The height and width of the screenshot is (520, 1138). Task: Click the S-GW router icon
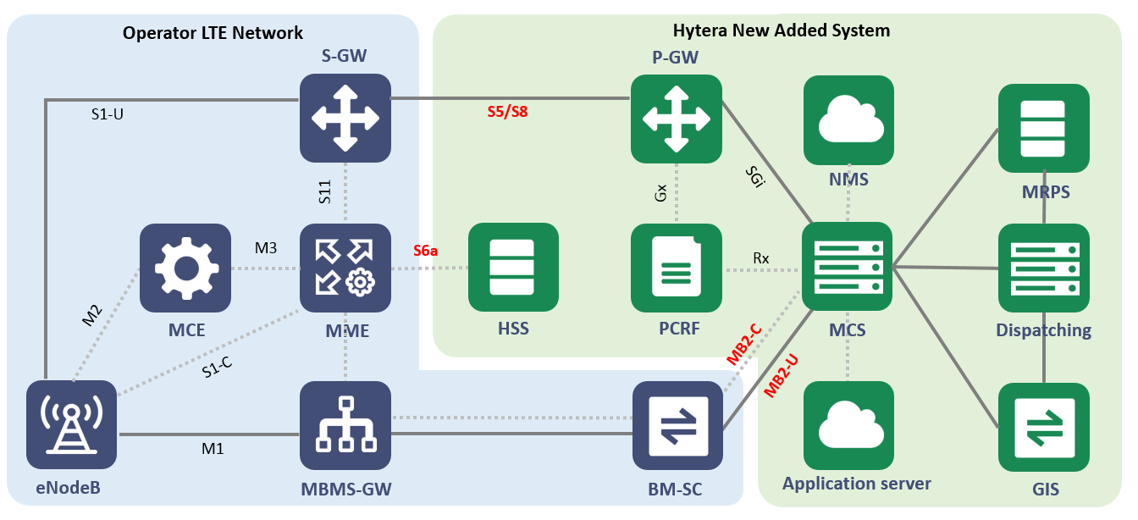click(x=345, y=118)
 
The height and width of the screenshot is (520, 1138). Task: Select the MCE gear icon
click(x=185, y=268)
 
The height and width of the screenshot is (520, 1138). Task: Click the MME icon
click(x=345, y=268)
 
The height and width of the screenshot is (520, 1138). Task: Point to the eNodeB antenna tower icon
click(x=71, y=424)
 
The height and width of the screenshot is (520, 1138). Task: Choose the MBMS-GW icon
click(x=345, y=426)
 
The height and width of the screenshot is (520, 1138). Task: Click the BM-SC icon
click(x=678, y=426)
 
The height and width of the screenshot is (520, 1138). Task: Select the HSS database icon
click(x=514, y=268)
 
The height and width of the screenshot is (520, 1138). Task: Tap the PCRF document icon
click(x=677, y=268)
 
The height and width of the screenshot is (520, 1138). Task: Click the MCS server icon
click(x=848, y=267)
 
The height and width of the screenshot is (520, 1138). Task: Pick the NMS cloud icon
click(x=848, y=120)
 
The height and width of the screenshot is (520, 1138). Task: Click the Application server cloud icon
click(x=848, y=426)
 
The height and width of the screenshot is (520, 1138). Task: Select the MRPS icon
click(x=1044, y=129)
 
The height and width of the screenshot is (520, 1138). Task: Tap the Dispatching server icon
click(x=1044, y=268)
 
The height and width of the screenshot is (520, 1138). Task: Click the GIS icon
click(x=1044, y=428)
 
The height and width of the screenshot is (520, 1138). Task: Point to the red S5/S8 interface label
click(x=507, y=112)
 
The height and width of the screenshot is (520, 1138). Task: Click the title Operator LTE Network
click(x=213, y=34)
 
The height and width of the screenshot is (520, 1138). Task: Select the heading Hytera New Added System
click(x=781, y=31)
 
